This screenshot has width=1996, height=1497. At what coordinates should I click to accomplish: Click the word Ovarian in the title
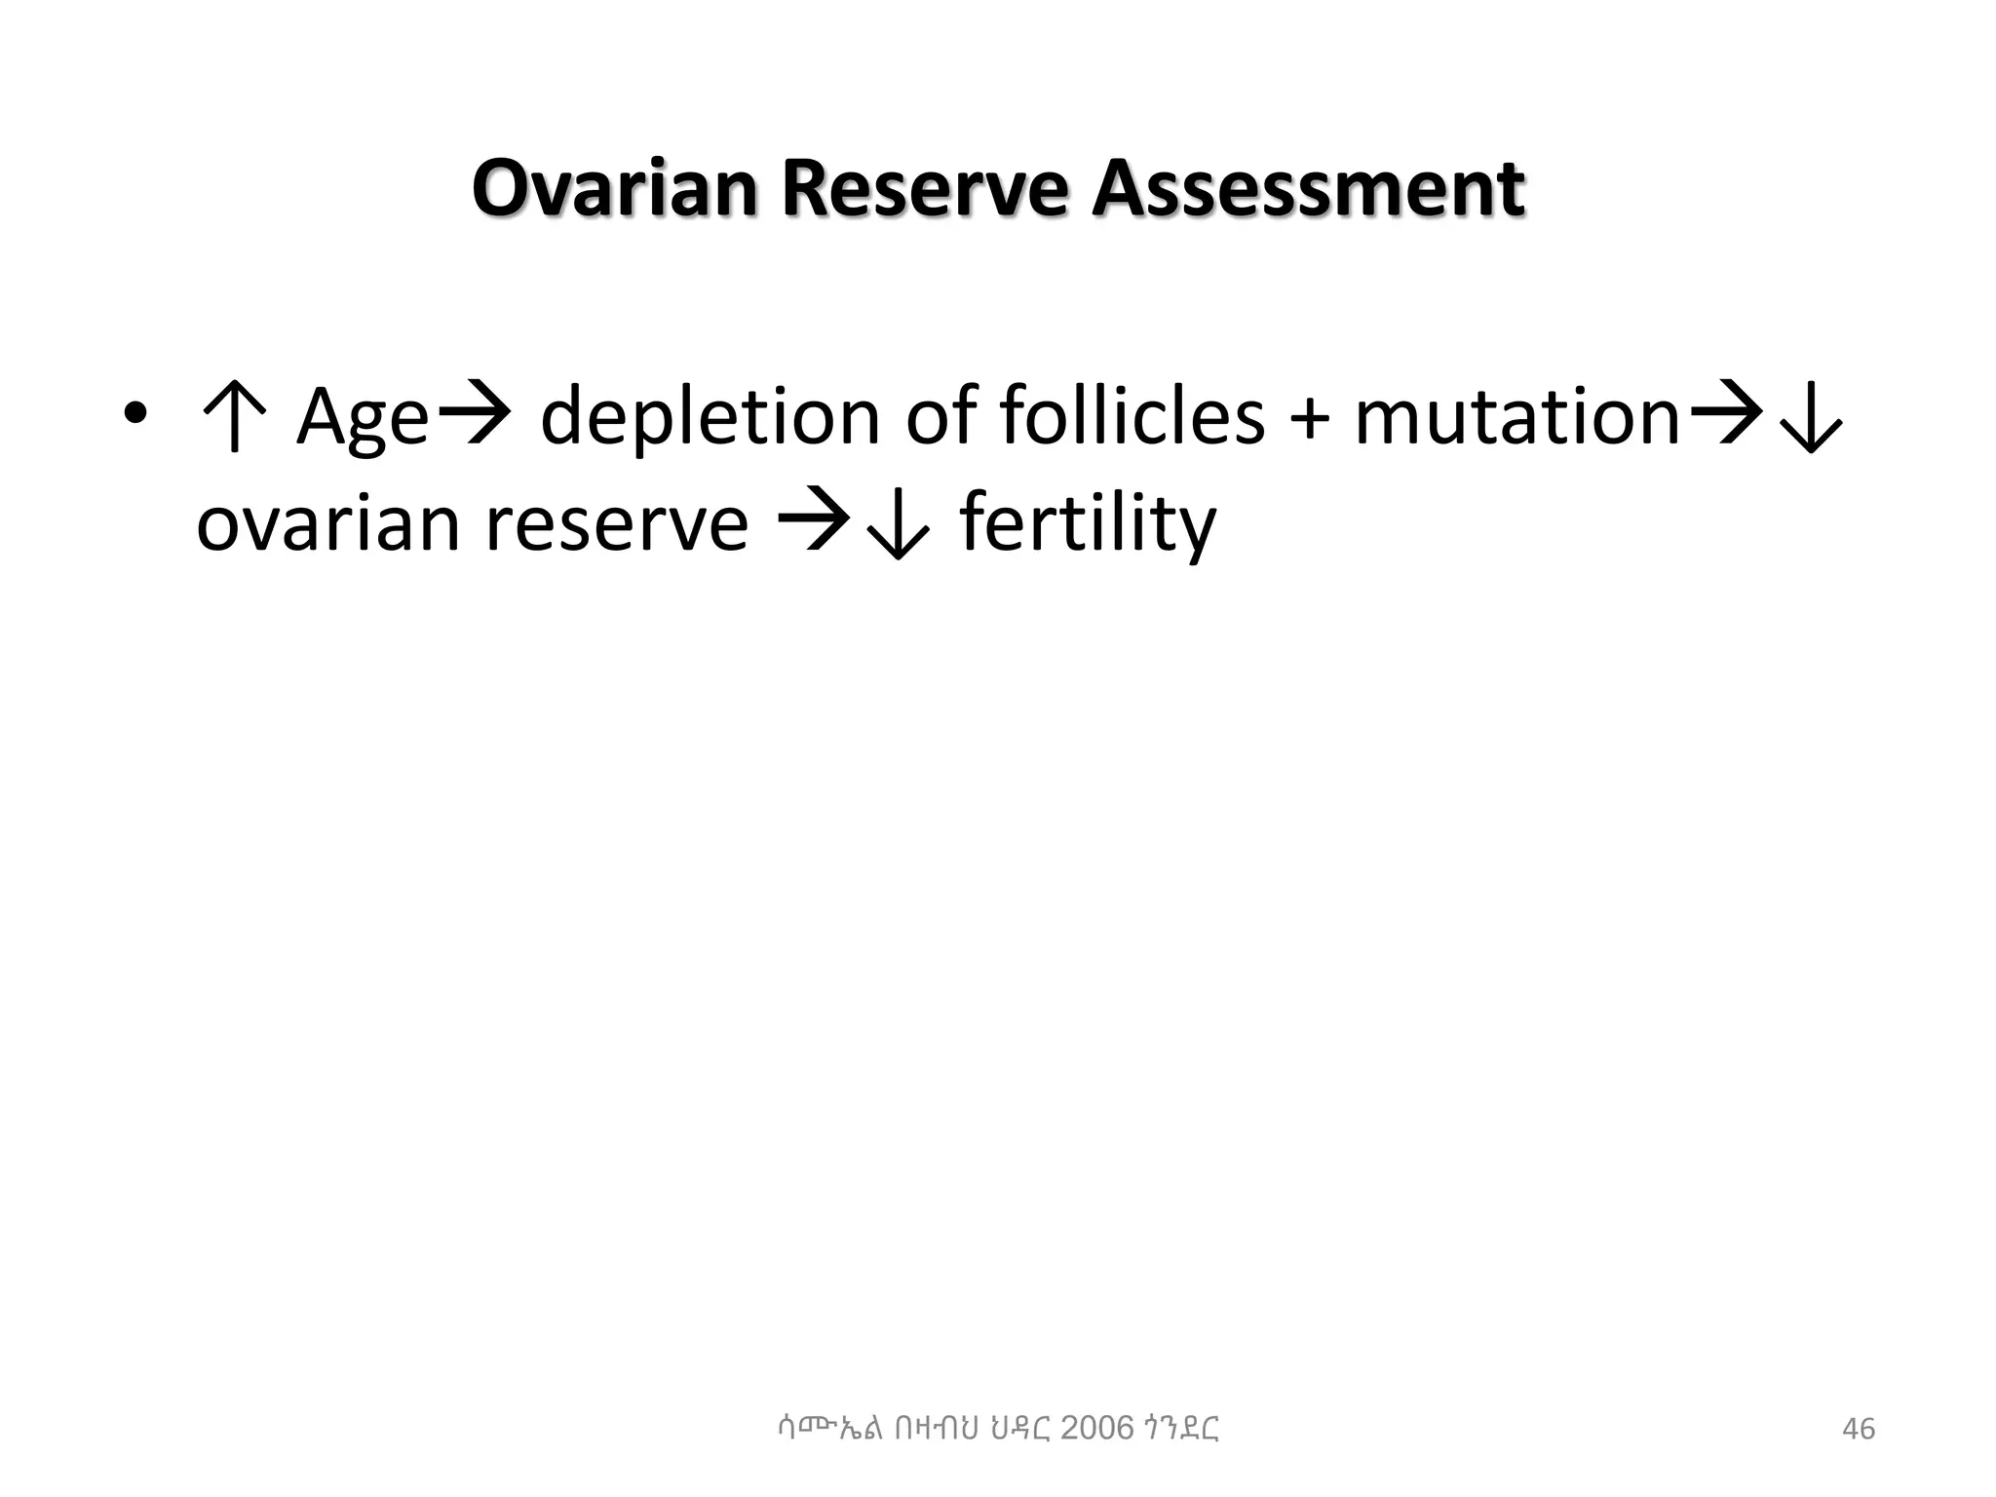pos(614,189)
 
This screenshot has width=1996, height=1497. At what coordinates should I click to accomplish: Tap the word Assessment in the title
pos(1307,189)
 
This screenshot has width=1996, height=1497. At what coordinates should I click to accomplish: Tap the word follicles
pos(1131,417)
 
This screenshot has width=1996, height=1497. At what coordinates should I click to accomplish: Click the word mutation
pos(1516,417)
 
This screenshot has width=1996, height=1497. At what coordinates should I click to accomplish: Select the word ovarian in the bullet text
pos(327,523)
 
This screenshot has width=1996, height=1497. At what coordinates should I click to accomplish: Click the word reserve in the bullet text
pos(616,523)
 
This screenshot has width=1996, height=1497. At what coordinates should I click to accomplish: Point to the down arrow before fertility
pos(897,526)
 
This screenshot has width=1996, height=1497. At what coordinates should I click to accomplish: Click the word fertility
pos(1089,523)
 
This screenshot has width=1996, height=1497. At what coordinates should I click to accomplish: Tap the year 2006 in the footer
pos(1096,1428)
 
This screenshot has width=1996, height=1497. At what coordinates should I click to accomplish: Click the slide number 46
pos(1858,1429)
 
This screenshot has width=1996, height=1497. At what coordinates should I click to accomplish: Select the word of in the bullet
pos(940,417)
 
